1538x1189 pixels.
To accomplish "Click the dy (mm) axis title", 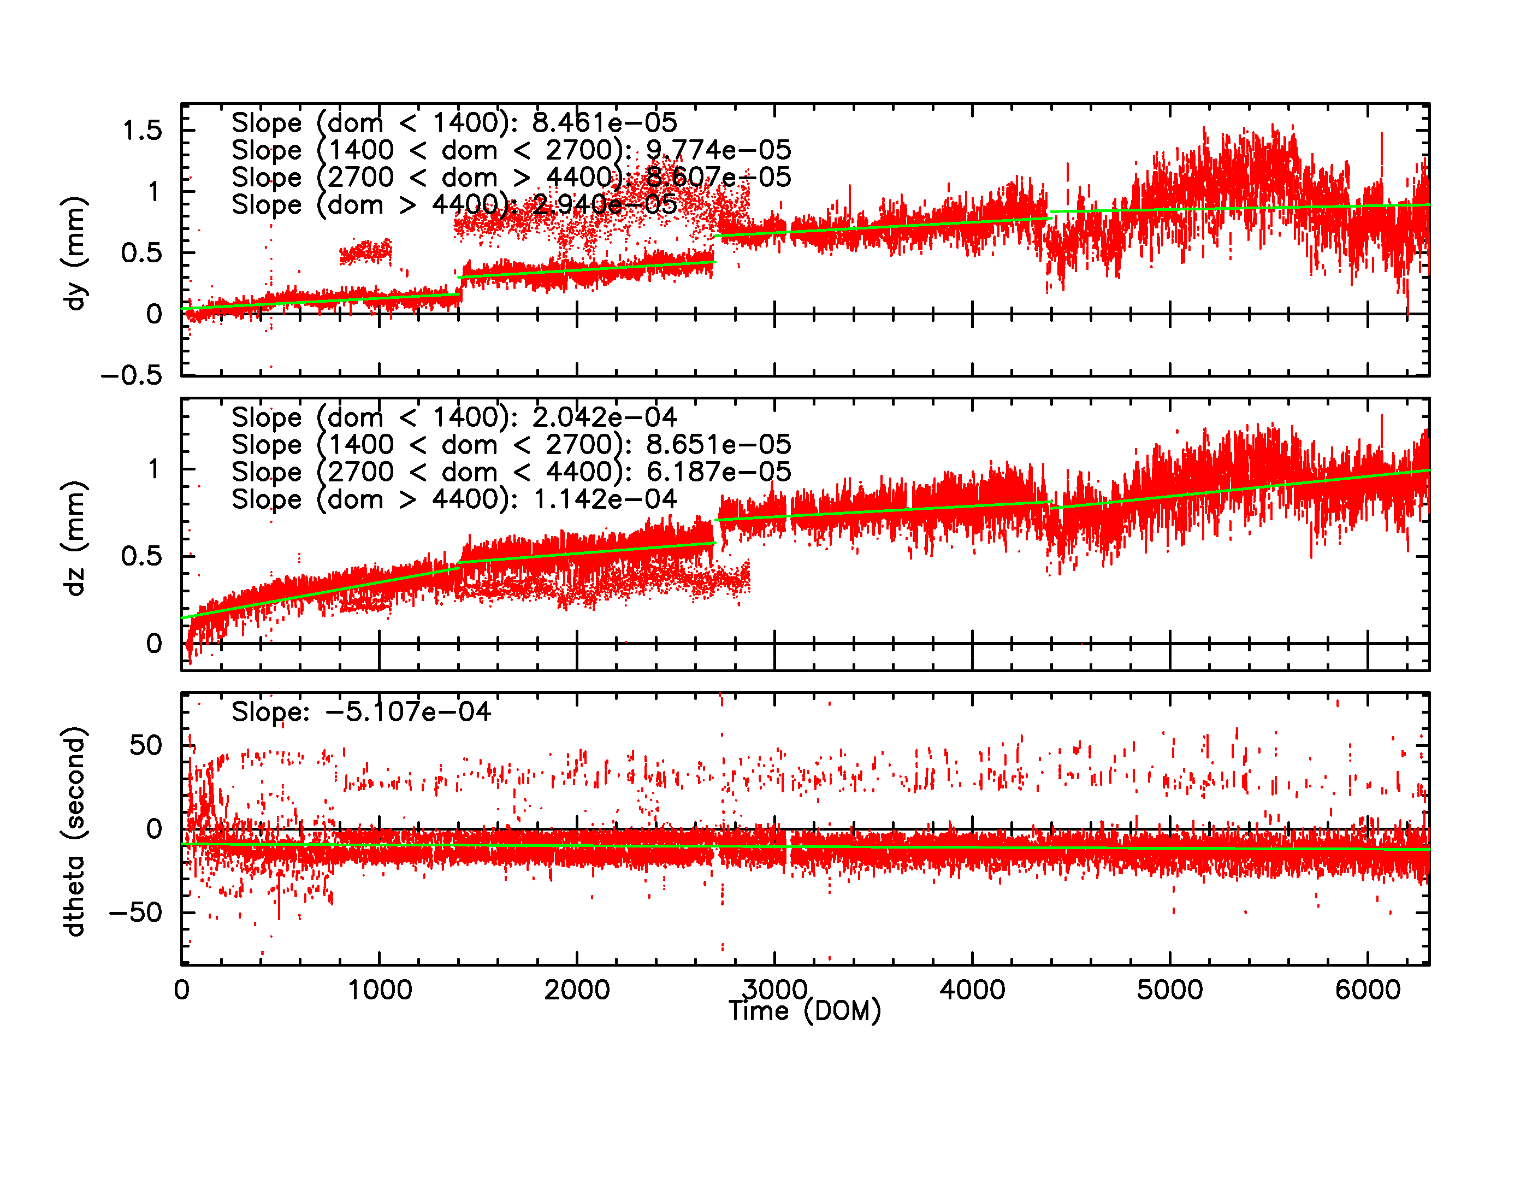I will click(x=74, y=254).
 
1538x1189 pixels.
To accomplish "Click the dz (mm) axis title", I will click(x=74, y=539).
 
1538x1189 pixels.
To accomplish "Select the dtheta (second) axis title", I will click(x=74, y=831).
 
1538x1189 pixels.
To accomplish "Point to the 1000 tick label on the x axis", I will click(x=380, y=990).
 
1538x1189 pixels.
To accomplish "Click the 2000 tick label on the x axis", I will click(x=577, y=990).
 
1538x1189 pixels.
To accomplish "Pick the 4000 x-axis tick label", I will click(x=973, y=990).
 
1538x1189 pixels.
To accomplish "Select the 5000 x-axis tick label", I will click(x=1170, y=990).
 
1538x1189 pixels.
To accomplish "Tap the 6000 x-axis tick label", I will click(x=1368, y=990).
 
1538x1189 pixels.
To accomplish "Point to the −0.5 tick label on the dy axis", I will click(x=132, y=376).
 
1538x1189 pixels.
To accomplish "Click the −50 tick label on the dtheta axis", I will click(x=135, y=913).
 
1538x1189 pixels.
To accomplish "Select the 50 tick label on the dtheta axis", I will click(x=146, y=746).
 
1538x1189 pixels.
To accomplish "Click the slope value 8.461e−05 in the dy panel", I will click(x=604, y=122).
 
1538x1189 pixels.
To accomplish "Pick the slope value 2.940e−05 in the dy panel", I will click(x=604, y=205).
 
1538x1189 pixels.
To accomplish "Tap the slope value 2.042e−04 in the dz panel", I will click(x=604, y=417).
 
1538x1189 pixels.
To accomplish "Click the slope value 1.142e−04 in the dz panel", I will click(x=604, y=499).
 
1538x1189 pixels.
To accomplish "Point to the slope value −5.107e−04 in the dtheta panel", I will click(x=408, y=711).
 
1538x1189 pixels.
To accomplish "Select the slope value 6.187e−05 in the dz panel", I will click(x=718, y=472).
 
